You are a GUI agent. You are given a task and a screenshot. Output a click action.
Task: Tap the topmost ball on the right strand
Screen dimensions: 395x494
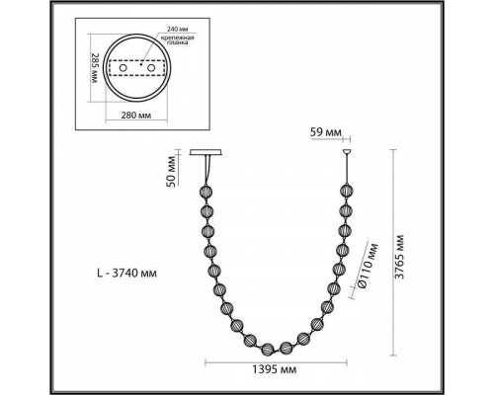click(347, 190)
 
